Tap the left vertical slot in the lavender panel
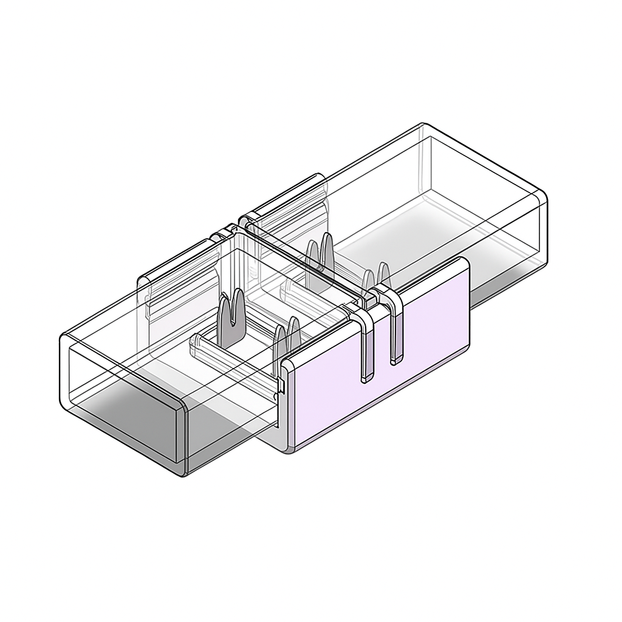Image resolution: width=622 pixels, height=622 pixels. tap(367, 352)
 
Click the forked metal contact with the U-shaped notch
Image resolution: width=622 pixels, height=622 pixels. tap(231, 316)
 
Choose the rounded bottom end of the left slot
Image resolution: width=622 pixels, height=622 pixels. tap(367, 379)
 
